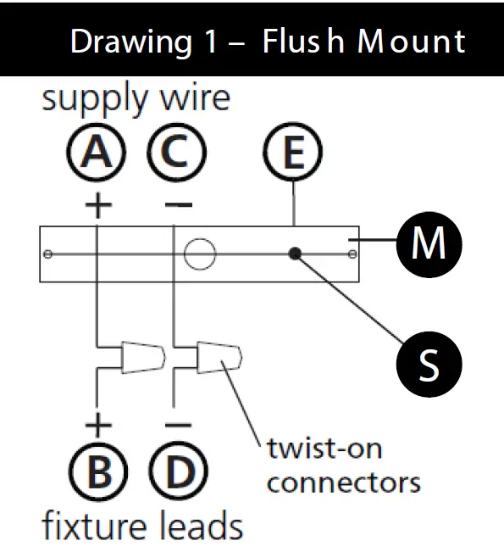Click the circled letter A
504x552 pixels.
coord(96,153)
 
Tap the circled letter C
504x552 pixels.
coord(176,153)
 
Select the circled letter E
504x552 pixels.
coord(292,152)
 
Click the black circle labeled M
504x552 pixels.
coord(429,244)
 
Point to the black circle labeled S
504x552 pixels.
coord(429,365)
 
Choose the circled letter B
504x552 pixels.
coord(98,471)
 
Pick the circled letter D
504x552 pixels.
coord(179,471)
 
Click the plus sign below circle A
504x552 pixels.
coord(98,205)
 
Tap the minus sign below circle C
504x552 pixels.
coord(179,204)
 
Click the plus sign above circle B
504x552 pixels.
coord(98,425)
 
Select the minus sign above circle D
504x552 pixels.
coord(179,425)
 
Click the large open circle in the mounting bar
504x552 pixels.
coord(200,254)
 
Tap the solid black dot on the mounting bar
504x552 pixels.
coord(295,254)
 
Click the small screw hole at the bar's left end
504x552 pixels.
coord(47,254)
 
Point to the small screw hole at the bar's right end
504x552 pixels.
coord(352,254)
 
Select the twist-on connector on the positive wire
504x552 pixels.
coord(143,357)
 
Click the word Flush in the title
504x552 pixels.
coord(303,42)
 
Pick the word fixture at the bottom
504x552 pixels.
coord(94,527)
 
